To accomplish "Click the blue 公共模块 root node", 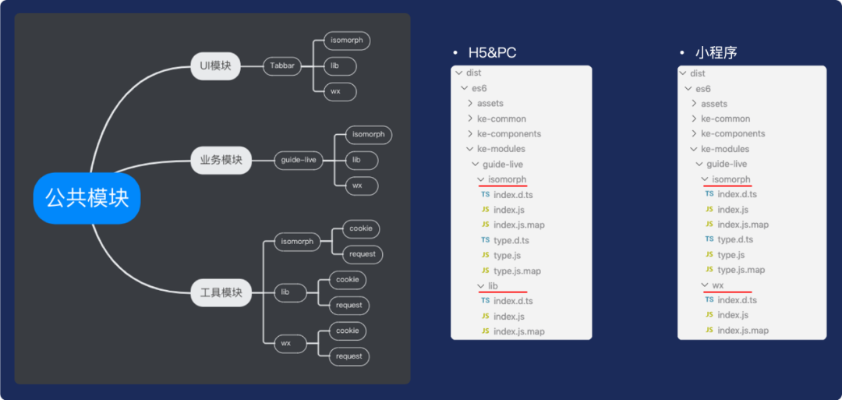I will [x=87, y=198].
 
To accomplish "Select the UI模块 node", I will [x=215, y=65].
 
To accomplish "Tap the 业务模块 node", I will [x=221, y=161].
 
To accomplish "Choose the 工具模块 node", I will [x=221, y=292].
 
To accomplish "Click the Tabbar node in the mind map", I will [x=282, y=65].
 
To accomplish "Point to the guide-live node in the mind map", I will [x=299, y=161].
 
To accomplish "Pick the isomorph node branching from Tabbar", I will [x=347, y=41].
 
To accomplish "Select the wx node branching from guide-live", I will [x=357, y=186].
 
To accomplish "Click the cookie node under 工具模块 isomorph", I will [x=361, y=228].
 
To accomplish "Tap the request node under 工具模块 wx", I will [x=348, y=356].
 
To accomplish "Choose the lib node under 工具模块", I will [x=285, y=292].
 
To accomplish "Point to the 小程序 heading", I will [x=716, y=53].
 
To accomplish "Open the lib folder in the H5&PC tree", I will [x=493, y=286].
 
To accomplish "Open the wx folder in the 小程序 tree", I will [x=718, y=285].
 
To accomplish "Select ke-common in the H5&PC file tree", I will [x=501, y=119].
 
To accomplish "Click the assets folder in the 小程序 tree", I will [x=714, y=104].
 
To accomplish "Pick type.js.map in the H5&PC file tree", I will [x=517, y=271].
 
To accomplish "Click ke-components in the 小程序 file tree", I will [x=733, y=133].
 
